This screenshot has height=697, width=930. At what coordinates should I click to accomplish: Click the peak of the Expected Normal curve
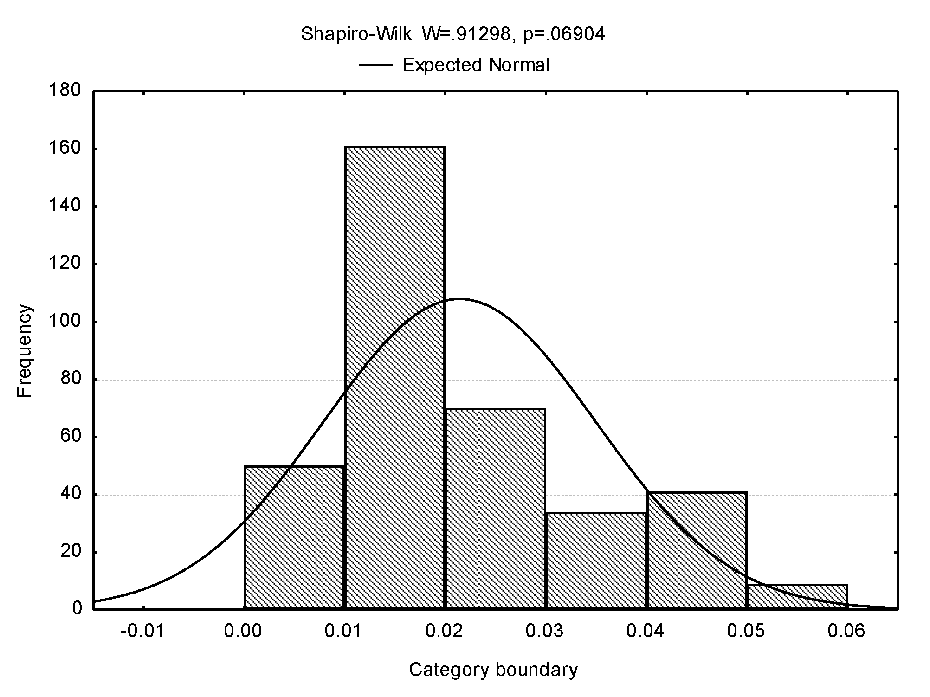[x=459, y=299]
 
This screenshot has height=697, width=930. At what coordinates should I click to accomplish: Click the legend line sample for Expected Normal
[x=376, y=65]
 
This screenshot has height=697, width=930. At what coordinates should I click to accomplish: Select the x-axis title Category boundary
[x=493, y=670]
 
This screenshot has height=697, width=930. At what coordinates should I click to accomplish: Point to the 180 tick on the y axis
[x=65, y=90]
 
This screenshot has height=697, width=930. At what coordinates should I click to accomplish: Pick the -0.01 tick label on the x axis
[x=142, y=632]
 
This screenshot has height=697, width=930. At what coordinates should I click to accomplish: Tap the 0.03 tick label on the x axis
[x=545, y=632]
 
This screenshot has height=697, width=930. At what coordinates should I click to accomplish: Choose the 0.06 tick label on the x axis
[x=847, y=632]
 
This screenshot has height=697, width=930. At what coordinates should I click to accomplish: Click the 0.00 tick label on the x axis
[x=243, y=632]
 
